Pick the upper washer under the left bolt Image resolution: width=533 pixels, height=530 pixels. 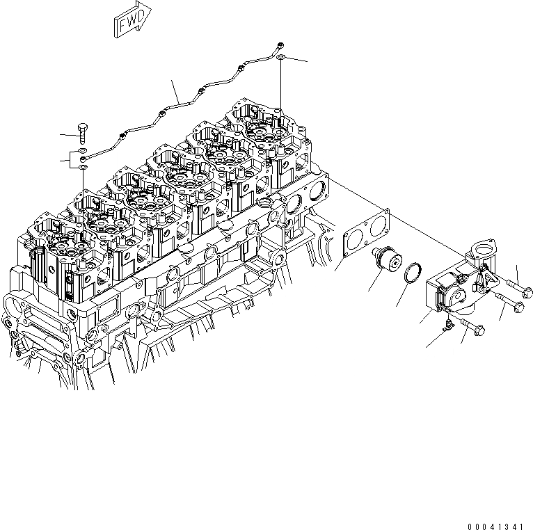[83, 150]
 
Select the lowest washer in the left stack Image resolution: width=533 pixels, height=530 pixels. [83, 168]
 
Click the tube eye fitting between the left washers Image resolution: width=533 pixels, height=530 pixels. [83, 160]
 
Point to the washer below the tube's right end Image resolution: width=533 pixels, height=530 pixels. [279, 61]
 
